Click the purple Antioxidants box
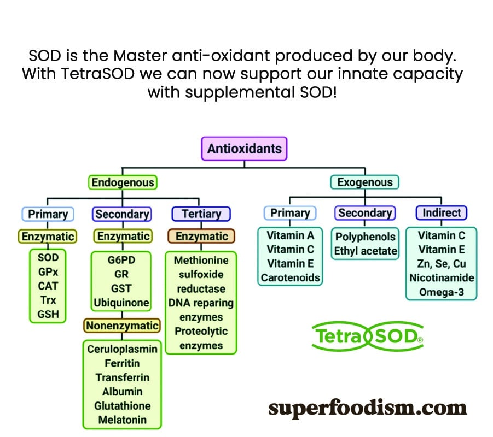click(244, 149)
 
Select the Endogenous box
click(123, 182)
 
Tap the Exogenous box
click(365, 182)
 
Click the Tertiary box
click(201, 214)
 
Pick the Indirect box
click(442, 213)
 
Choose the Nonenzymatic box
click(122, 326)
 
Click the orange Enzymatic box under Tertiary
click(201, 236)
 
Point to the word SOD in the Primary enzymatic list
click(48, 258)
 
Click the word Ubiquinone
click(121, 303)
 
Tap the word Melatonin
click(123, 420)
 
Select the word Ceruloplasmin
click(123, 349)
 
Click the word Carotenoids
click(290, 278)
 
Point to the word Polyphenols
click(366, 237)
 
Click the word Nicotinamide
click(442, 278)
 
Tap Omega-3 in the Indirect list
click(442, 292)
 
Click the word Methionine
click(201, 260)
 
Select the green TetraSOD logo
click(367, 336)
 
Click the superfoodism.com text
click(367, 408)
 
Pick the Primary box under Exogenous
click(290, 213)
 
